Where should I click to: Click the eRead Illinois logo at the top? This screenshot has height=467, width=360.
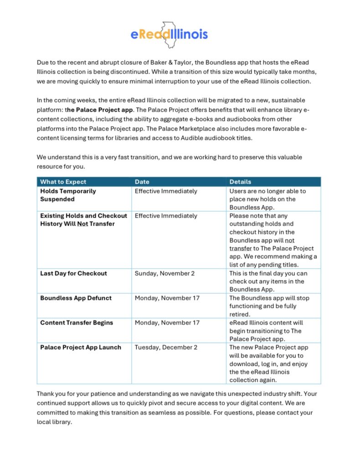[x=169, y=34]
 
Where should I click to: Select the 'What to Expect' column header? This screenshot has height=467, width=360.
[x=63, y=182]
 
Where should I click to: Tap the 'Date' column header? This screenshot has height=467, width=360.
[x=142, y=182]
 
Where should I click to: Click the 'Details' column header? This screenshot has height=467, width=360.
[x=240, y=182]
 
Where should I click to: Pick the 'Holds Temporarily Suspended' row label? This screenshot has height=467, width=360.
[x=68, y=195]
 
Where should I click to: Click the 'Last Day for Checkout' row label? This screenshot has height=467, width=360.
[x=73, y=273]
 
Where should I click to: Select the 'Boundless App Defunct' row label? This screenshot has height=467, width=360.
[x=76, y=298]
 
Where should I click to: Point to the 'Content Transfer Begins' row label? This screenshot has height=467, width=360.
[x=77, y=322]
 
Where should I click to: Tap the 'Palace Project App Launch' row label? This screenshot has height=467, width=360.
[x=81, y=347]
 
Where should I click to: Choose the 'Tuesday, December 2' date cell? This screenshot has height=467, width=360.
[x=166, y=347]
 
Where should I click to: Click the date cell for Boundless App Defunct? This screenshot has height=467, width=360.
[x=167, y=298]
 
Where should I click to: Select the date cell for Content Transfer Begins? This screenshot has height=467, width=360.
[x=167, y=322]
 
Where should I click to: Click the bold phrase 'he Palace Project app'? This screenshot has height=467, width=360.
[x=100, y=110]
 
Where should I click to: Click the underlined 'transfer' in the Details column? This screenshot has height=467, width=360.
[x=241, y=249]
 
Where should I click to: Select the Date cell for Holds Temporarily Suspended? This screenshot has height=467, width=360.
[x=166, y=191]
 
